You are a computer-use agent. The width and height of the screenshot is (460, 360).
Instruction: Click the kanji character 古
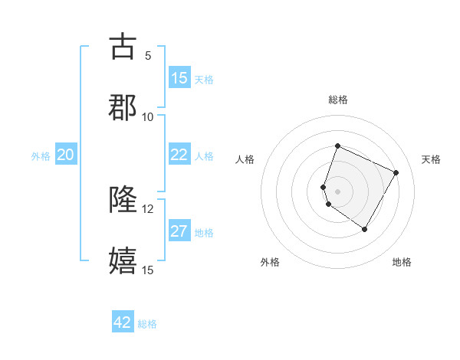(123, 47)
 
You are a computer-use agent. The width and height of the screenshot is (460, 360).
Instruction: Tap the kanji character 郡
(123, 108)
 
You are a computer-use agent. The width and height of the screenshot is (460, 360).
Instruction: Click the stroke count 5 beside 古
(148, 55)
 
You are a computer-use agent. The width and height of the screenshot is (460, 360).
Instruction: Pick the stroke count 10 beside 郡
(148, 116)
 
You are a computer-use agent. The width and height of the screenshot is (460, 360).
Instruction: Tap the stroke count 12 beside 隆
(148, 208)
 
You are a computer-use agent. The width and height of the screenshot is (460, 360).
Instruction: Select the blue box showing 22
(179, 155)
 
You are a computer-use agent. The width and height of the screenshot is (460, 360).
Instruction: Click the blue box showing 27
(179, 231)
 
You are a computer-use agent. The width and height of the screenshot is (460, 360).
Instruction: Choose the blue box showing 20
(66, 155)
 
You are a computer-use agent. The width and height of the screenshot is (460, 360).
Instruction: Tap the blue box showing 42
(123, 322)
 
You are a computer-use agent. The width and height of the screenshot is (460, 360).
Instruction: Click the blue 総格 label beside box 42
(147, 324)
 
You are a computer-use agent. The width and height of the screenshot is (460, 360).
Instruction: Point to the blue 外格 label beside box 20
(41, 156)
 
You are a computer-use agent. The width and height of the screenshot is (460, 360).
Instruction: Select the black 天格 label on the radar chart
(431, 159)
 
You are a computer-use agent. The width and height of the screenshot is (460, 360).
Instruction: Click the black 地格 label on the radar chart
(402, 262)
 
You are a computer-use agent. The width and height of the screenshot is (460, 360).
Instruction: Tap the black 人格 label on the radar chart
(245, 159)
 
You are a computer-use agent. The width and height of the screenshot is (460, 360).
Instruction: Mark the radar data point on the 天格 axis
(396, 172)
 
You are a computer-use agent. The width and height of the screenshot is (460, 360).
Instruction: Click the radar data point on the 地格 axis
(365, 229)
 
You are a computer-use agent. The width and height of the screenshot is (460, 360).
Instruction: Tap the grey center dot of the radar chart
(337, 191)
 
